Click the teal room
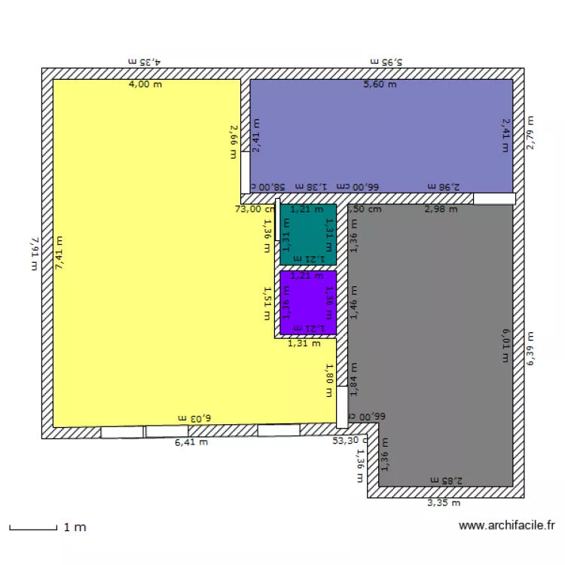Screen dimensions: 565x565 307,234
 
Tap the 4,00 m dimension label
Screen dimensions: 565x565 145,84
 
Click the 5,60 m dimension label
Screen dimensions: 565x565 380,84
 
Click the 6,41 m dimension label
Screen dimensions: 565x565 191,442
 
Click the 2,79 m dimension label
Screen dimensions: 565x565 530,133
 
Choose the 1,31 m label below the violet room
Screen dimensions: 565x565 304,344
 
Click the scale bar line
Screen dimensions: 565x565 33,527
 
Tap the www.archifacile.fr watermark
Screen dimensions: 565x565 507,527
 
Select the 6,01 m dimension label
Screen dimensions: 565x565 505,344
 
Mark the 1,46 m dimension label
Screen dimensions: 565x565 353,301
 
